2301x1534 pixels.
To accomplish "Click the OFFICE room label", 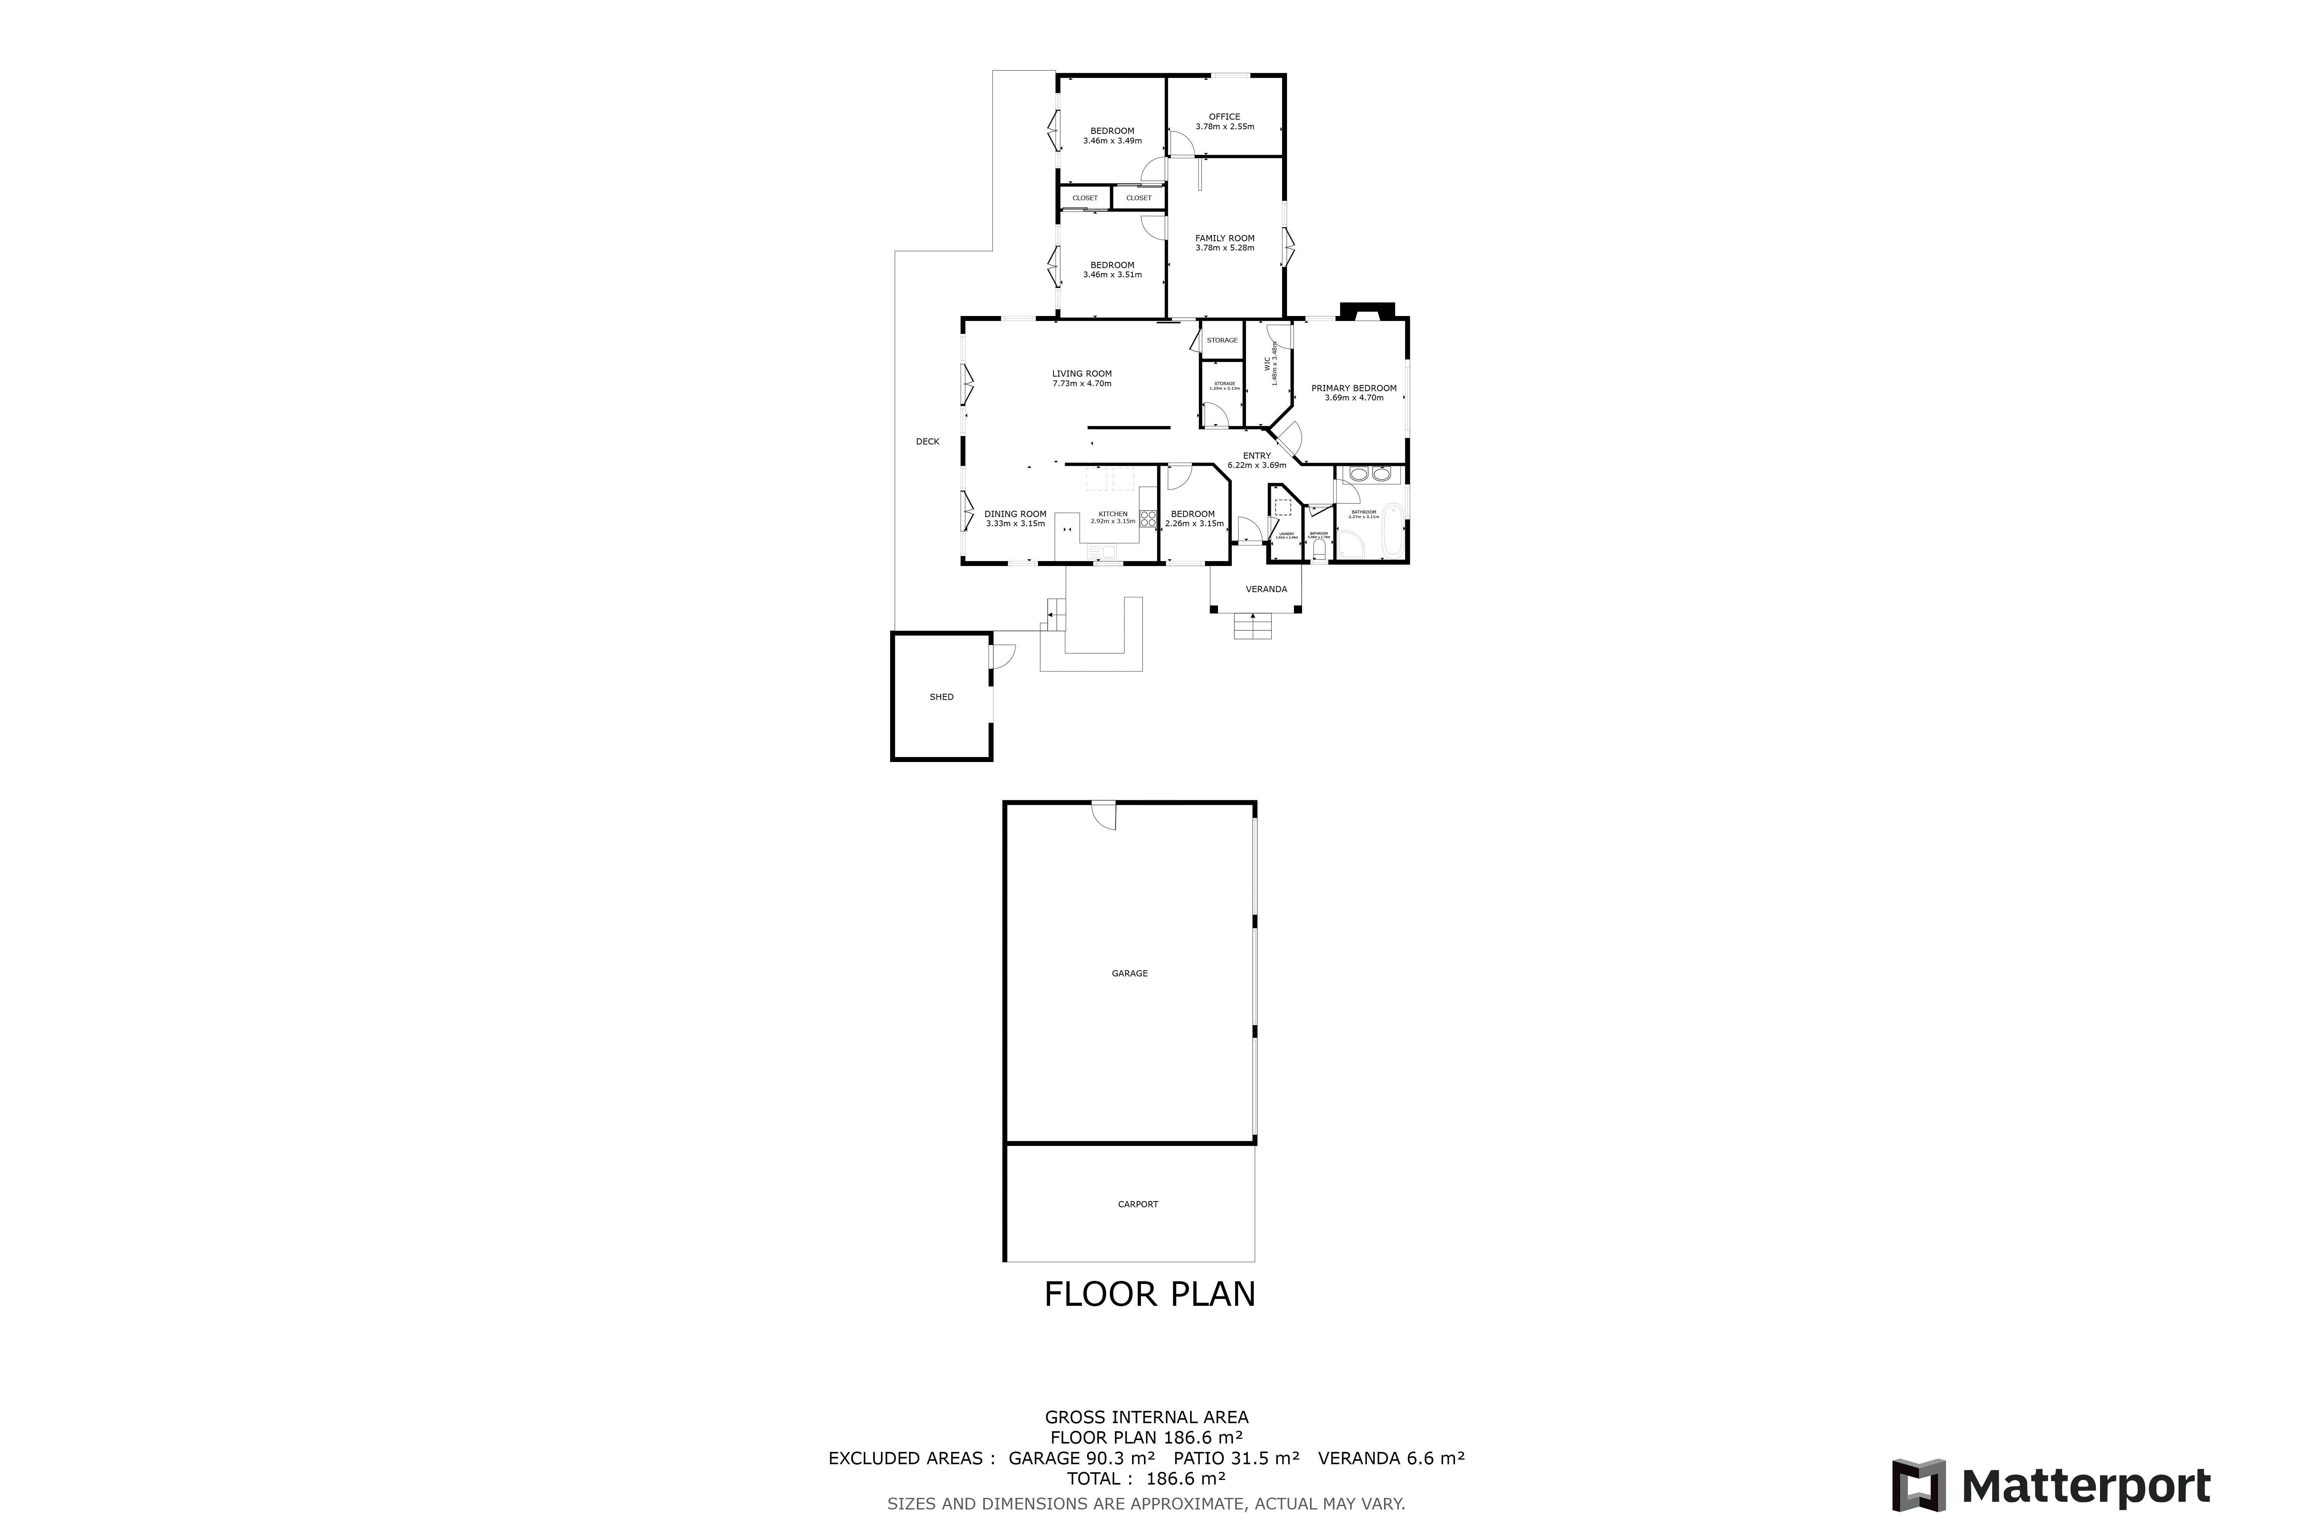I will tap(1224, 117).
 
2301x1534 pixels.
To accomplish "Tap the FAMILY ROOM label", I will tap(1224, 238).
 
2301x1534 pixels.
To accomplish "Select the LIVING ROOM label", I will tap(1081, 373).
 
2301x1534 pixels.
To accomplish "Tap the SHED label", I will tap(941, 696).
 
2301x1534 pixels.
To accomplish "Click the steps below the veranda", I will tap(1252, 626).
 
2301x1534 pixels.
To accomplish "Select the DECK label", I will tap(927, 441).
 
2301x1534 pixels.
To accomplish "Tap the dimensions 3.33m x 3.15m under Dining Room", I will tap(1014, 523).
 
